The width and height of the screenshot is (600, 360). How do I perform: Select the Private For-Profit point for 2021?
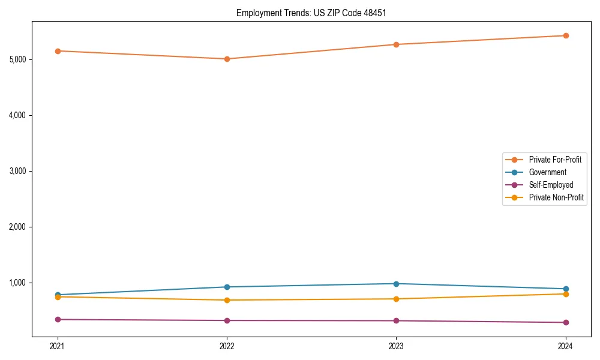point(58,51)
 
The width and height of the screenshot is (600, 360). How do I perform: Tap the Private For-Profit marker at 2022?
point(227,59)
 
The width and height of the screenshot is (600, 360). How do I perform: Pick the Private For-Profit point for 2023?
point(396,44)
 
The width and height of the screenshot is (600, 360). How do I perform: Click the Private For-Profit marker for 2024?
point(566,35)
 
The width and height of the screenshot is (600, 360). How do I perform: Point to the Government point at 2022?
point(227,287)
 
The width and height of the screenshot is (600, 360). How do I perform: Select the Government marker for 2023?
point(396,284)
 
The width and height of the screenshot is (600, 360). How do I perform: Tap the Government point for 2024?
point(566,289)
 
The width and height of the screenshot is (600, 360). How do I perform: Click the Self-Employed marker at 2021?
point(58,319)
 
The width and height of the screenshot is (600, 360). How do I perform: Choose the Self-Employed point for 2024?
point(566,322)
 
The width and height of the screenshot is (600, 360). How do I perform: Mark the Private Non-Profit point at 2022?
point(227,300)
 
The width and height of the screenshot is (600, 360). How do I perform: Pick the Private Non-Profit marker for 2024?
point(566,294)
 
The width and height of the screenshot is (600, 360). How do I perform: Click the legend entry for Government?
point(547,172)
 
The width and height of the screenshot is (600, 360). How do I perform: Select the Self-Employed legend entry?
point(551,185)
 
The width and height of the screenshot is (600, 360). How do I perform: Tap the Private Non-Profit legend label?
point(556,197)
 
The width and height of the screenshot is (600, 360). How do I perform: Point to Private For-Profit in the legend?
point(555,160)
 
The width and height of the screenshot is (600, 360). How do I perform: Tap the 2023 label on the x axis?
point(396,346)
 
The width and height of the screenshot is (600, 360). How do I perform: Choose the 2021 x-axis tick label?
point(58,346)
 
